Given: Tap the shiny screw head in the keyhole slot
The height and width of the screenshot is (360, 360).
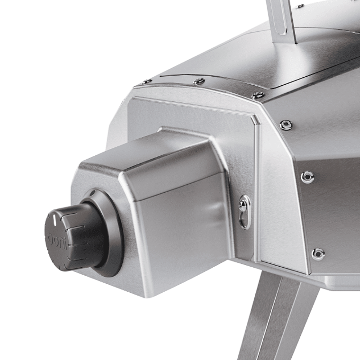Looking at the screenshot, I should click(x=243, y=205).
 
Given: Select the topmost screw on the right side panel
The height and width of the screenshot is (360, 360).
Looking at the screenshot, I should click(x=286, y=125).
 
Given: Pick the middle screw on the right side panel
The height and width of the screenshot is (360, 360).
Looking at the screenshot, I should click(x=307, y=177).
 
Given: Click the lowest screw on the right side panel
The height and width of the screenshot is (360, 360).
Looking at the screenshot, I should click(x=318, y=253).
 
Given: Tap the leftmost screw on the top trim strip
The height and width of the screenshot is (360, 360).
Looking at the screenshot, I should click(x=146, y=82).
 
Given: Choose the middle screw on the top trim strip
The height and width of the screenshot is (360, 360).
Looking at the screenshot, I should click(x=199, y=81).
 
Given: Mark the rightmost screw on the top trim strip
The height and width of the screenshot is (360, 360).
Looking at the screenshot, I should click(x=258, y=95).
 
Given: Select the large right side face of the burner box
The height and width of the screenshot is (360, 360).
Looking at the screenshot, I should click(x=185, y=227).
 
